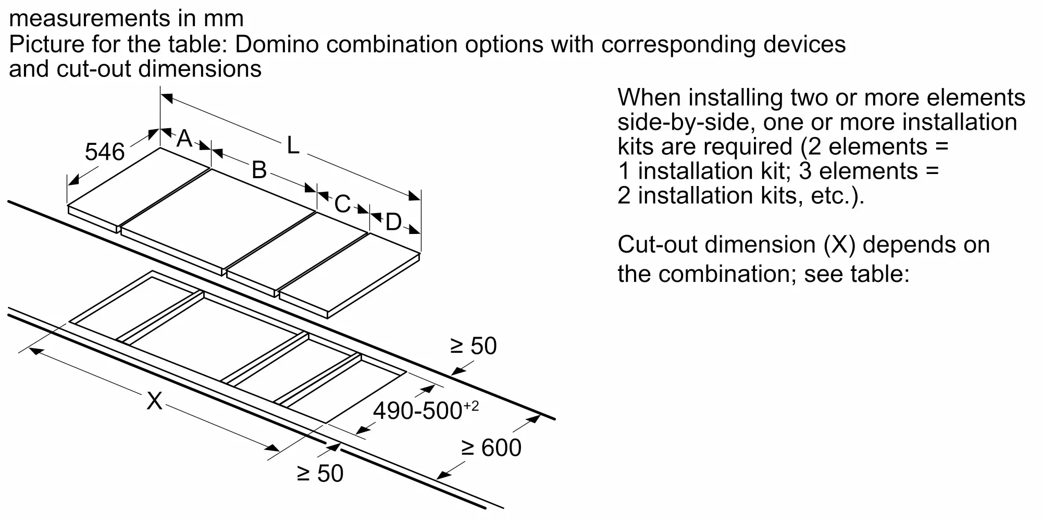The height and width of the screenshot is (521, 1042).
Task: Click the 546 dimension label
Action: click(105, 152)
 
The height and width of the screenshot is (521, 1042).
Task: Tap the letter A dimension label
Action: click(184, 139)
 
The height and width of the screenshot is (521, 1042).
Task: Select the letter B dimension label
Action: click(259, 170)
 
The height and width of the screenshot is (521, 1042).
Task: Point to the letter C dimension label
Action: click(342, 204)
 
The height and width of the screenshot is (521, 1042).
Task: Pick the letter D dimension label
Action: click(393, 222)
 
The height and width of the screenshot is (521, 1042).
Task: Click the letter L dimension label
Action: click(293, 145)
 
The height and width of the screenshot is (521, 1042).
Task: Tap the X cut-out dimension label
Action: click(154, 401)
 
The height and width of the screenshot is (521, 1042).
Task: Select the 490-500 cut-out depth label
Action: click(418, 411)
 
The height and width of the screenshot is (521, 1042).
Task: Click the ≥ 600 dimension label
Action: click(491, 448)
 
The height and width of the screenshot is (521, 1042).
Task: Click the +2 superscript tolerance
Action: click(471, 405)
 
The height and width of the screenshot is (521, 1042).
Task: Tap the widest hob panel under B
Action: click(219, 219)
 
